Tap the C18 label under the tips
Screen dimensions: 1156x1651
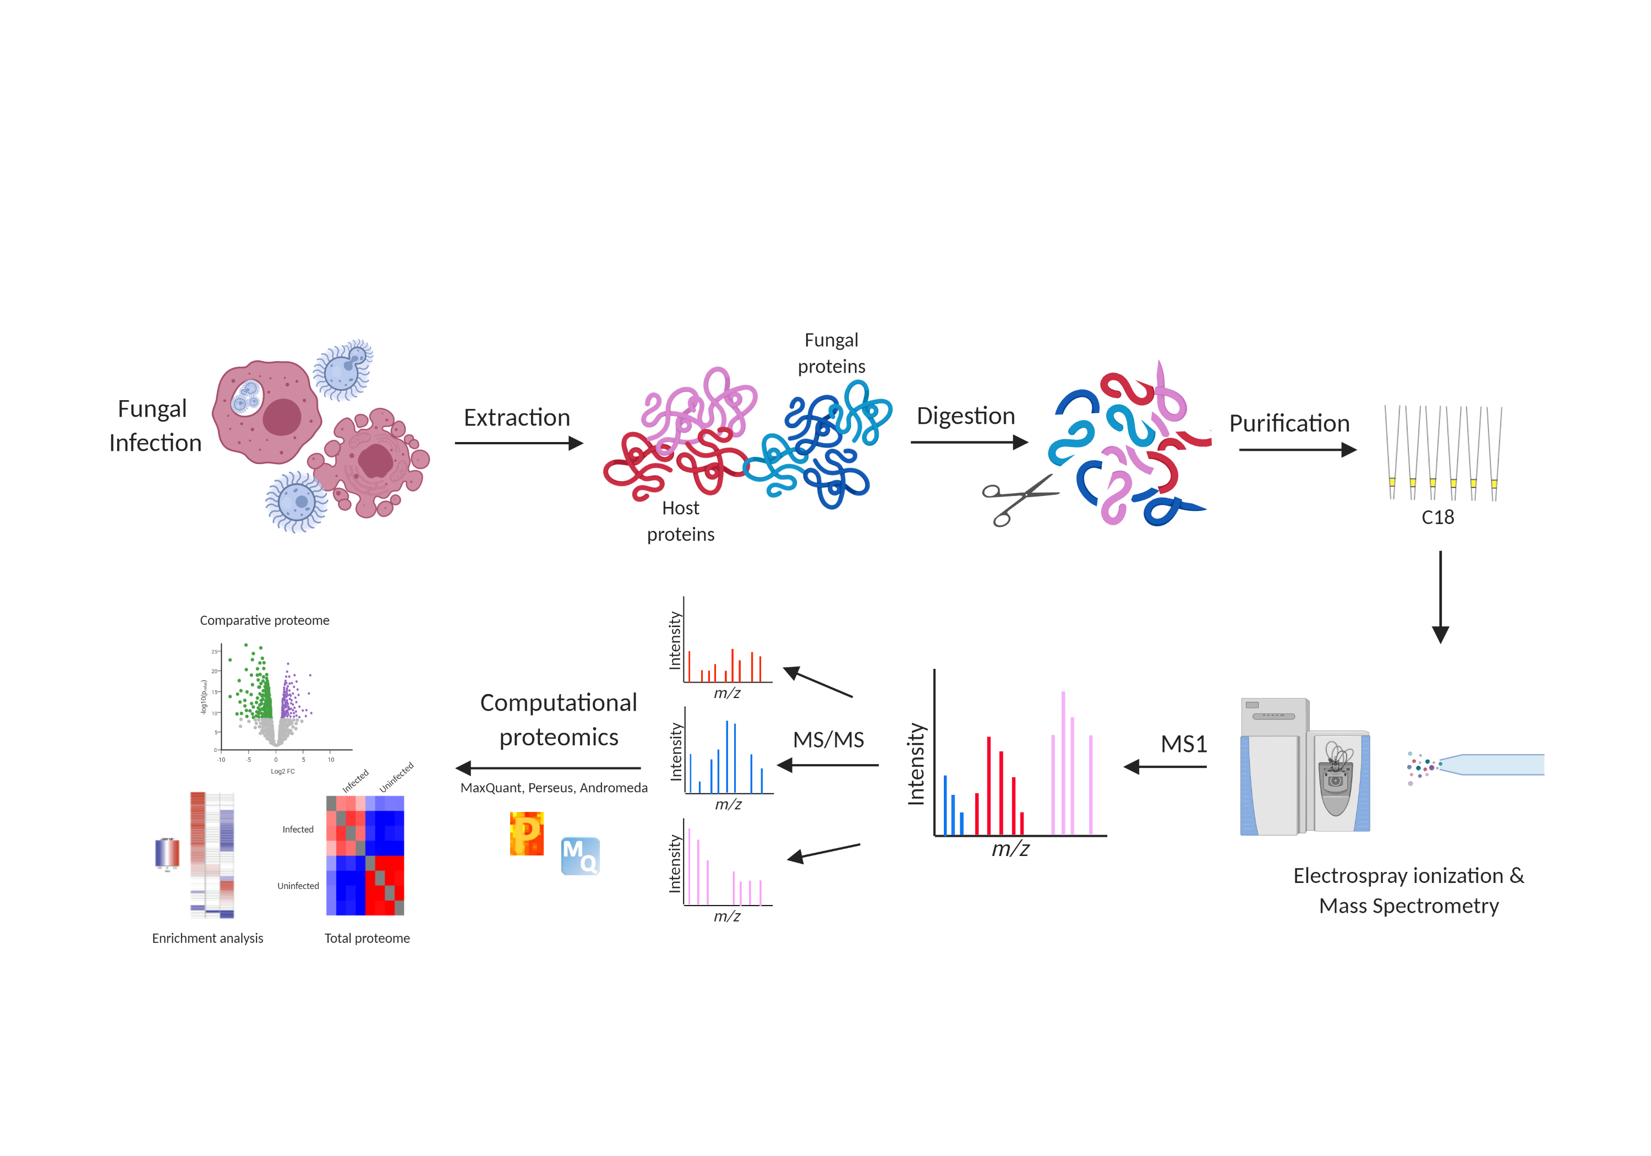click(x=1437, y=517)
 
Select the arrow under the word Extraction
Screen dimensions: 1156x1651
click(x=518, y=443)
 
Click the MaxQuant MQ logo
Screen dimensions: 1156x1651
click(x=580, y=856)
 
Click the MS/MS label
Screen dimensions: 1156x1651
click(x=828, y=739)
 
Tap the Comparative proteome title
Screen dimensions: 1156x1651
click(x=265, y=620)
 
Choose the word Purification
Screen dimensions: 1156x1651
click(x=1288, y=424)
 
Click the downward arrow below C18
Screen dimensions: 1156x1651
click(x=1440, y=597)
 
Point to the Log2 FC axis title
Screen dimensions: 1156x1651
click(x=283, y=771)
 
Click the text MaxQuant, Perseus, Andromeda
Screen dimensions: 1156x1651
click(x=554, y=788)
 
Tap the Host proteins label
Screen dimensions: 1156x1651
click(x=680, y=521)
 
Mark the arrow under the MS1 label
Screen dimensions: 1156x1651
click(x=1165, y=767)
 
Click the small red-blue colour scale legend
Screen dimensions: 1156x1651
click(x=167, y=853)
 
